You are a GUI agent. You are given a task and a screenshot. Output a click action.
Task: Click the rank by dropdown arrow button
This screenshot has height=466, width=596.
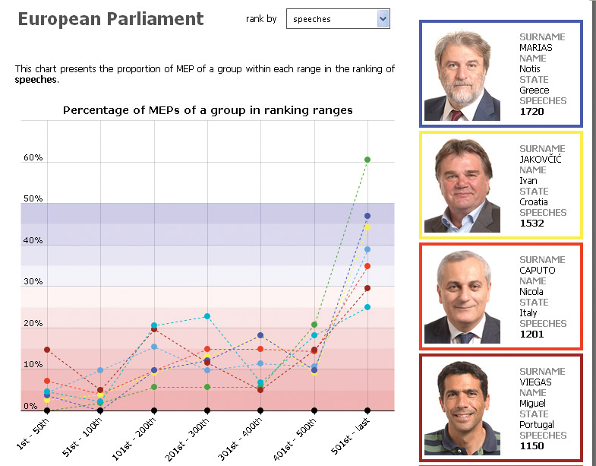383,19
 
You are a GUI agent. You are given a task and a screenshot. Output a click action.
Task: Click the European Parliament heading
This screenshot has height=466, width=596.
111,19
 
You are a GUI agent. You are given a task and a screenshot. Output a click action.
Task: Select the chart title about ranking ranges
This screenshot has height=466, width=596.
208,110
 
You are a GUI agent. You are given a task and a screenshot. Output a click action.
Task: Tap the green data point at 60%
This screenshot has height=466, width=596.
367,160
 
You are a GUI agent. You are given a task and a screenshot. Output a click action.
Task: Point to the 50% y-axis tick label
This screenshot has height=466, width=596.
33,198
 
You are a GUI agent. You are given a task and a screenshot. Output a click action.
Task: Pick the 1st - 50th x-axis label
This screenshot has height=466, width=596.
33,434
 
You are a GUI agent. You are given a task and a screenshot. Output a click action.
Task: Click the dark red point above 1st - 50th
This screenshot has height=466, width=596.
47,350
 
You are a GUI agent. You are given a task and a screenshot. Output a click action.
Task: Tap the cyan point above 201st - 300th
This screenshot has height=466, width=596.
207,316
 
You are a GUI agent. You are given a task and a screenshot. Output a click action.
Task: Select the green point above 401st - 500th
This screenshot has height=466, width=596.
314,325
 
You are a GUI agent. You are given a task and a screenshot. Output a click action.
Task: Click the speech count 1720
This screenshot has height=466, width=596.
531,112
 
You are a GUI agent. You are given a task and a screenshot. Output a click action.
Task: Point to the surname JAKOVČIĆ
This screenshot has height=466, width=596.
540,159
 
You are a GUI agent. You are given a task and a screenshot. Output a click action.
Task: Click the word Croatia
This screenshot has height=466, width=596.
534,201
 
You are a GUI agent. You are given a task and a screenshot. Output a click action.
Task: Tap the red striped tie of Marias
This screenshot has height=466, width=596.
457,115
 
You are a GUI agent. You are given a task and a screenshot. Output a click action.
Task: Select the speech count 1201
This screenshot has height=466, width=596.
531,334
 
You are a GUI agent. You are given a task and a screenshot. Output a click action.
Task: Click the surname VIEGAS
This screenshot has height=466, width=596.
535,382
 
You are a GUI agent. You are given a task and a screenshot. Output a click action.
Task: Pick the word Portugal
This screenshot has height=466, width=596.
537,425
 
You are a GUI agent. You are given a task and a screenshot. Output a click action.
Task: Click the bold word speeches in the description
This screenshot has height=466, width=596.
36,80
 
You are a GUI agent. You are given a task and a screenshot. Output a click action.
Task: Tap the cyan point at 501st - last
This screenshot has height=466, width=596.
367,307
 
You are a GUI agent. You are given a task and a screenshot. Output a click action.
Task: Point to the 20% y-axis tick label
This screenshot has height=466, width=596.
33,323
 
